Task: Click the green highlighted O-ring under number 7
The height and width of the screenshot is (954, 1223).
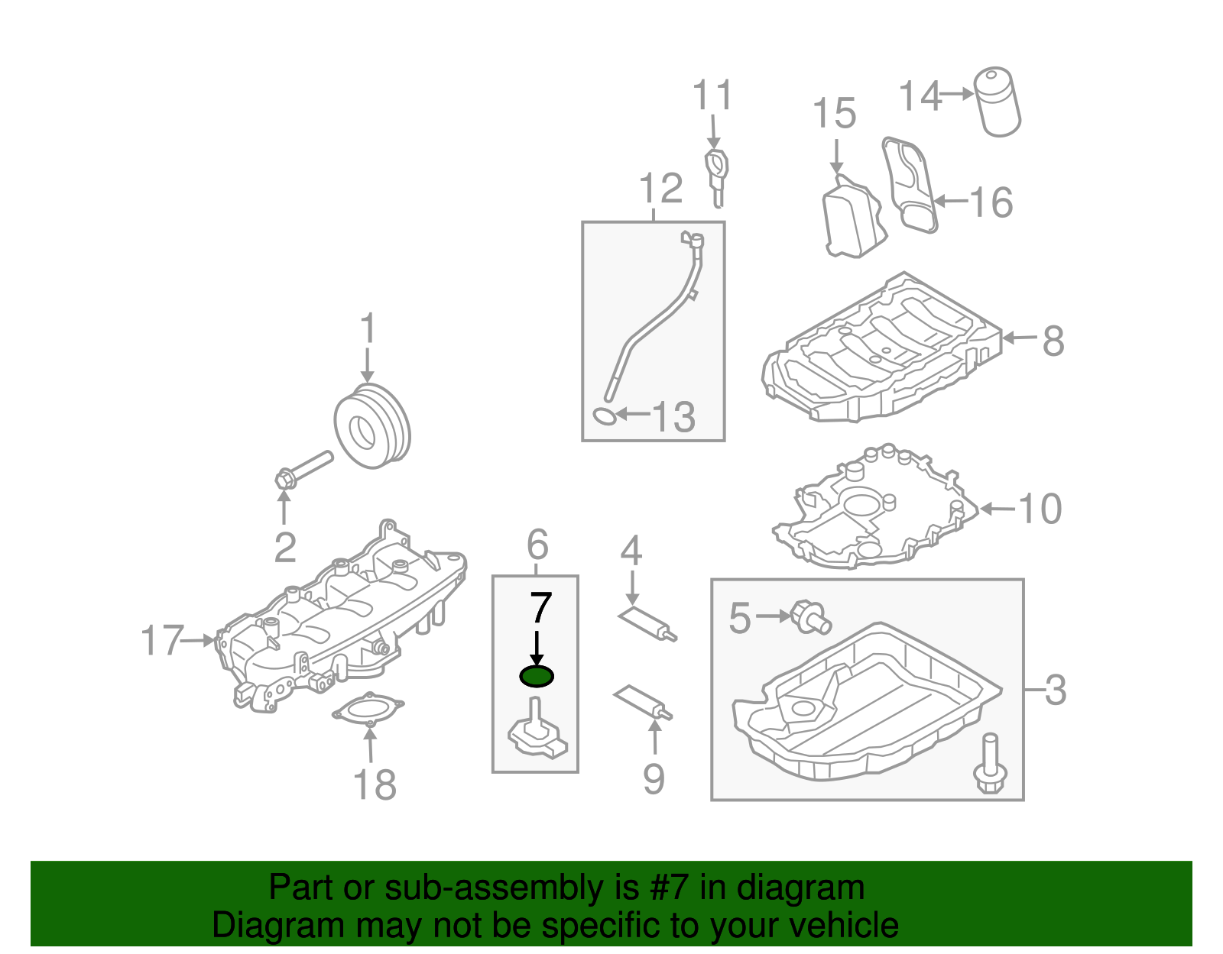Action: coord(536,676)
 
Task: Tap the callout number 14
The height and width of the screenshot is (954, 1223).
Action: coord(920,97)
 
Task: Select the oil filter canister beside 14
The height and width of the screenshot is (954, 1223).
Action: coord(997,102)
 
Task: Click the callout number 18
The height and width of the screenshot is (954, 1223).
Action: coord(375,784)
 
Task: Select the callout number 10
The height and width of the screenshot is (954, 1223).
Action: coord(1040,509)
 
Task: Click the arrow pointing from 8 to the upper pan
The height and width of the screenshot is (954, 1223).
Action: coord(1020,338)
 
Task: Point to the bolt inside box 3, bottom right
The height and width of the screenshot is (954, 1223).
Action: coord(989,764)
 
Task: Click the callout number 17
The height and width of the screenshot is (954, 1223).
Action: coord(162,640)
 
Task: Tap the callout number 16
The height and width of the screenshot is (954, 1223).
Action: coord(991,202)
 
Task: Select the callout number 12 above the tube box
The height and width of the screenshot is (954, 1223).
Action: coord(660,188)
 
